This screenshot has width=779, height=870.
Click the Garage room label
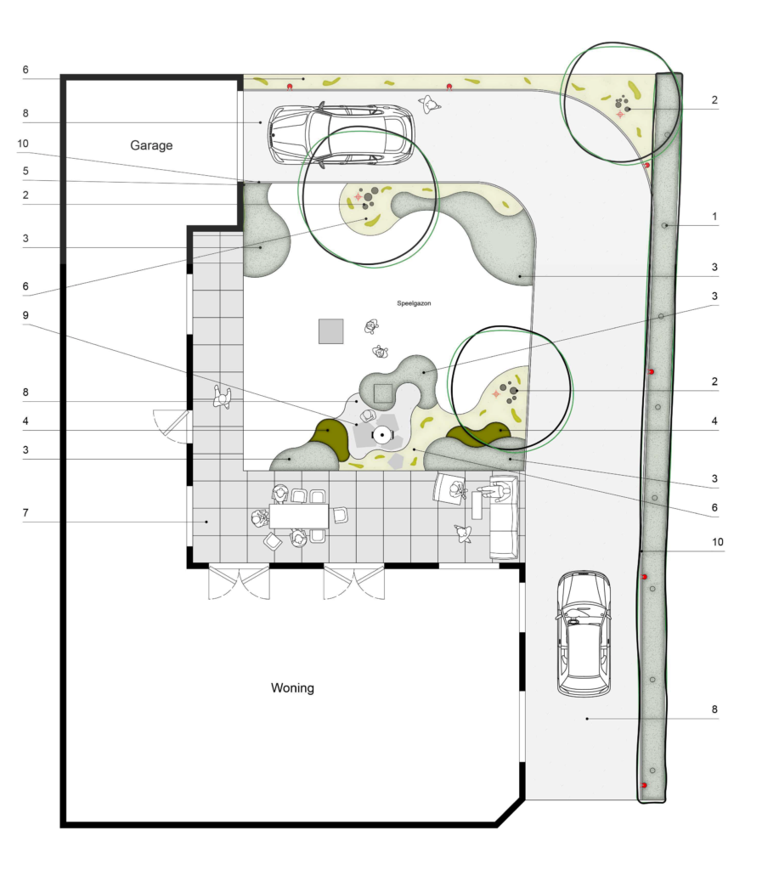[x=151, y=145]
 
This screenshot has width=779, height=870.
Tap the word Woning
[x=292, y=688]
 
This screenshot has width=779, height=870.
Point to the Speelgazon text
[x=414, y=303]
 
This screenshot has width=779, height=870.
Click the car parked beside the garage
[x=342, y=135]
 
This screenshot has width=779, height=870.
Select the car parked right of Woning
[x=584, y=633]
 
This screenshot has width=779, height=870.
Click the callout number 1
[x=714, y=217]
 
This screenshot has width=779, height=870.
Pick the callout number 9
[x=25, y=315]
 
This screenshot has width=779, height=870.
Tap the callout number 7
[x=25, y=512]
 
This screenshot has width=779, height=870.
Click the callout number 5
[x=25, y=171]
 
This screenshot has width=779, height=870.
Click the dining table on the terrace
[x=298, y=516]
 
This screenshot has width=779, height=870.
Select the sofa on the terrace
[x=505, y=517]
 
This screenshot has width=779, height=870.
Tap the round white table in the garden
[x=381, y=434]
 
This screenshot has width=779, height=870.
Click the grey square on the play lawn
[x=330, y=331]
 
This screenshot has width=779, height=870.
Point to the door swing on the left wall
[x=171, y=427]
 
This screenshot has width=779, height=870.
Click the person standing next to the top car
[x=430, y=103]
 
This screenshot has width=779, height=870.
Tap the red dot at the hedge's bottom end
[x=644, y=785]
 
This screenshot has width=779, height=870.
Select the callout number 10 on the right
[x=718, y=542]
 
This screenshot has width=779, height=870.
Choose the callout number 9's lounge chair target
[x=367, y=415]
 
